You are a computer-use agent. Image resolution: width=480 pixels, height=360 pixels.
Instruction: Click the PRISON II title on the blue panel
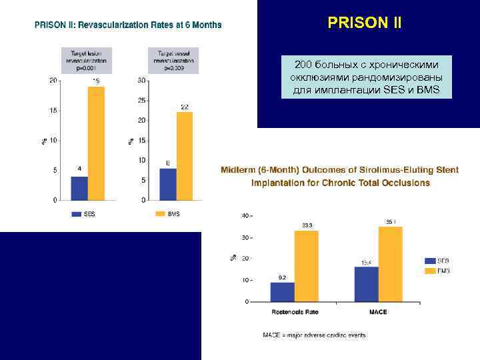tap(365, 23)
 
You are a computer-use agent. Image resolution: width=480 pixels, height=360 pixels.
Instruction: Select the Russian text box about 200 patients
tap(366, 77)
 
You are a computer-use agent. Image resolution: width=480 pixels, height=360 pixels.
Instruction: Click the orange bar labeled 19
tap(96, 143)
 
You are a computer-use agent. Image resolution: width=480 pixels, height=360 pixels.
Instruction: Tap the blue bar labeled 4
tap(79, 188)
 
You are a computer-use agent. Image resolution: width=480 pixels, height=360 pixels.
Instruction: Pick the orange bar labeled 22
tap(185, 156)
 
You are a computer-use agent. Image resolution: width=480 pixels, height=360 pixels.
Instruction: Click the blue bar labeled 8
tap(168, 184)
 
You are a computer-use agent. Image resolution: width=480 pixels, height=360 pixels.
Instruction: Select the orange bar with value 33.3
tap(307, 266)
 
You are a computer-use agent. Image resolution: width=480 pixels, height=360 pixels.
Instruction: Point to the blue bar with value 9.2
tap(282, 291)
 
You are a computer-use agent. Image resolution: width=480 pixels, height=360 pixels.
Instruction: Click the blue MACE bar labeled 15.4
tap(366, 284)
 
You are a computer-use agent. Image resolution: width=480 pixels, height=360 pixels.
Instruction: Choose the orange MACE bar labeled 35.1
tap(390, 264)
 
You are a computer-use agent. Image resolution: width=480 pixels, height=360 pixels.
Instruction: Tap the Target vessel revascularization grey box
tap(173, 59)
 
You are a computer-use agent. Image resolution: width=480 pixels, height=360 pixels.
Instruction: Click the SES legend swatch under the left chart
tap(77, 214)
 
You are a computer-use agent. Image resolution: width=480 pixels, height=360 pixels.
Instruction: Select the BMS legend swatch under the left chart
tap(160, 214)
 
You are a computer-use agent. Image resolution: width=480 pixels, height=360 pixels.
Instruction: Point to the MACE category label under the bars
tap(378, 311)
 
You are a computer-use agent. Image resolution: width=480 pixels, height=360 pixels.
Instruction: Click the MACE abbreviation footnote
tap(314, 335)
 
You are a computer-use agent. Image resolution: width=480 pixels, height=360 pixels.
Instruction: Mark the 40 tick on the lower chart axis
tap(245, 215)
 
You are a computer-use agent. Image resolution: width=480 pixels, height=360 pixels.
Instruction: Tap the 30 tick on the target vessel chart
tap(141, 81)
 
